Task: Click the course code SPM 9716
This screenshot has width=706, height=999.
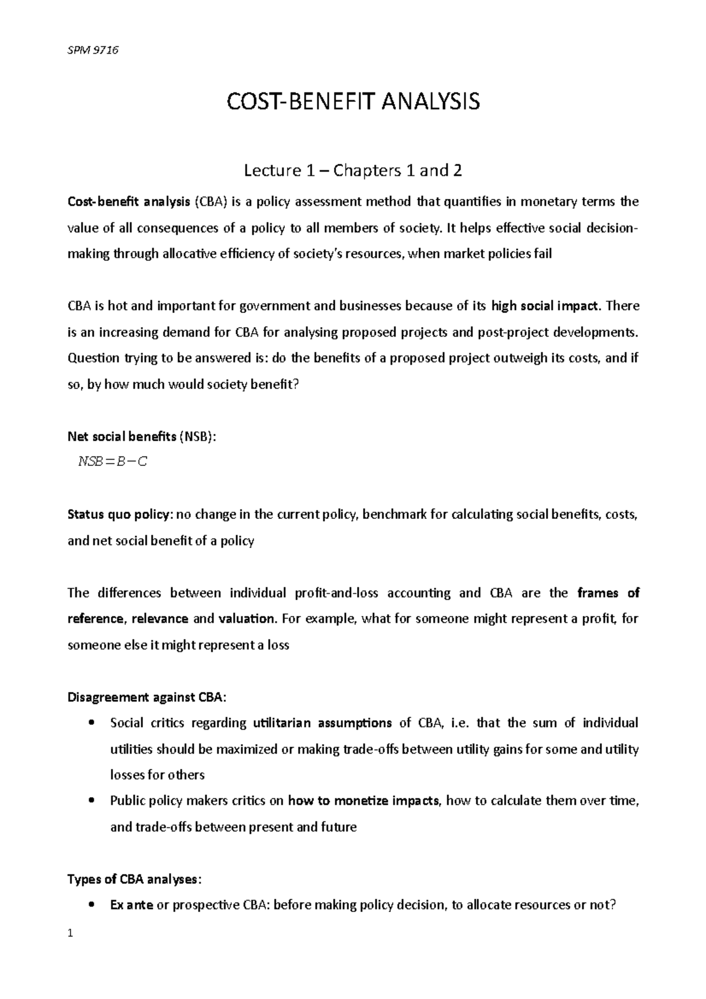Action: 94,50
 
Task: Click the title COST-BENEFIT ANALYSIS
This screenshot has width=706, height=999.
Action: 353,102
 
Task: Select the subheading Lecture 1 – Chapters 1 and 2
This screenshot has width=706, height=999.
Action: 353,171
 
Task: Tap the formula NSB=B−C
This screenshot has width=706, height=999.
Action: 112,462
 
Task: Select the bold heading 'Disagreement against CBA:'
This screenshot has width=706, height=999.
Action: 146,697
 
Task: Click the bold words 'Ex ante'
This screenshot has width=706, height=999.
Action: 132,905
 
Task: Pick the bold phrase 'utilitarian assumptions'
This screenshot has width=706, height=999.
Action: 322,723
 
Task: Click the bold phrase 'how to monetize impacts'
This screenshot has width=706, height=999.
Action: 365,801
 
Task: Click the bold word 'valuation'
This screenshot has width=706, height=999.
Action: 247,619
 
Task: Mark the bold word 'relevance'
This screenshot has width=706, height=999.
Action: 160,619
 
